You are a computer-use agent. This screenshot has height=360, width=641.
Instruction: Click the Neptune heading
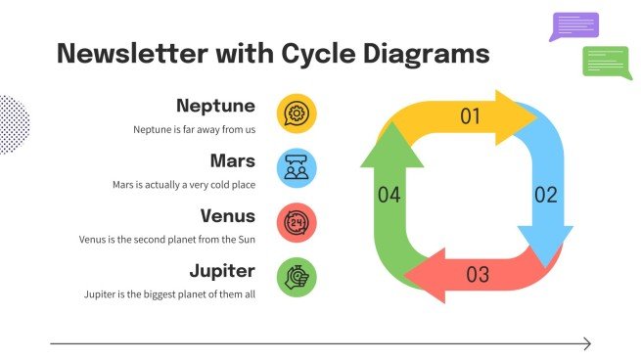pos(215,106)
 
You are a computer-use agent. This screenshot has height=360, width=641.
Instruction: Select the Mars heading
pos(232,160)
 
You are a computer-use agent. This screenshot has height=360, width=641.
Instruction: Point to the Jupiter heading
pos(222,270)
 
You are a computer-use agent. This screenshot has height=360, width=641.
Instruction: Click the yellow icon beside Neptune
pos(296,113)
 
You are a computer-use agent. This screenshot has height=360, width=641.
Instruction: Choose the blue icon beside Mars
pos(296,168)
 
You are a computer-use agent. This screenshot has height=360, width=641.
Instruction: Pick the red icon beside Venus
pos(296,223)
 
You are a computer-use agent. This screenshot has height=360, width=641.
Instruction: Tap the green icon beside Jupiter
pos(296,278)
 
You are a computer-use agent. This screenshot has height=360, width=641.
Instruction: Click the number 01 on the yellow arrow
pos(471,117)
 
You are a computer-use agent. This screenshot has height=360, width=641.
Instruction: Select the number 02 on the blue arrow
pos(545,194)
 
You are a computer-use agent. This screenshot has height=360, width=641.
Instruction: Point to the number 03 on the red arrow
pos(477,275)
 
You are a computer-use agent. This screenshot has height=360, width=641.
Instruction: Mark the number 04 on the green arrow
pos(389,196)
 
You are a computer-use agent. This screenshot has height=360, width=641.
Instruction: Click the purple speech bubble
pos(575,25)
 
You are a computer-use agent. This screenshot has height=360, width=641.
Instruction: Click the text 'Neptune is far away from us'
pos(194,129)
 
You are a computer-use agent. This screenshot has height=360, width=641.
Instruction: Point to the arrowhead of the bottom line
pos(586,343)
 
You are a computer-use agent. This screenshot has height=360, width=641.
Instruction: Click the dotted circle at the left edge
pos(12,124)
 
